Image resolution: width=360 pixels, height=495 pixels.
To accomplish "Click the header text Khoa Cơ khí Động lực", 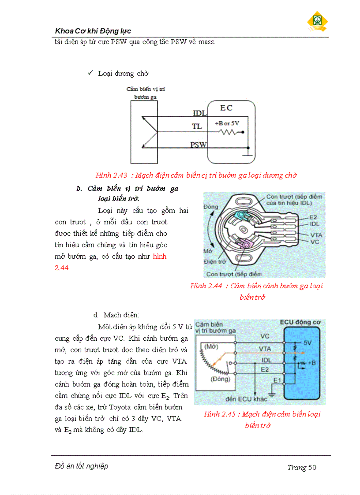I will coord(93,31).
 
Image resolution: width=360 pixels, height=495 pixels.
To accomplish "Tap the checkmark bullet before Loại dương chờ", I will coord(90,73).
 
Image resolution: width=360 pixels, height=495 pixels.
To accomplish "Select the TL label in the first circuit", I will coord(196,127).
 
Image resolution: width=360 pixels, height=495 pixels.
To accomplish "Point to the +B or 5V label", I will coord(227,123).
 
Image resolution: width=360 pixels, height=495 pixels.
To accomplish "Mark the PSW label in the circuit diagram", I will coord(198,145).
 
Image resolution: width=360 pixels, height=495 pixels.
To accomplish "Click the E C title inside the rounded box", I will coord(226,108).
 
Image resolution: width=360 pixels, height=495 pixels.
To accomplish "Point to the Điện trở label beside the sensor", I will coord(214,261).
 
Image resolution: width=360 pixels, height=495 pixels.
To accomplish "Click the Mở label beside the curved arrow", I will coord(208,252).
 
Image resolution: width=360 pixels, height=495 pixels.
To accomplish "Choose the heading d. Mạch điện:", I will coord(116,315).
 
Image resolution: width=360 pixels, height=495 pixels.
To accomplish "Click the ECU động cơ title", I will coord(300,323).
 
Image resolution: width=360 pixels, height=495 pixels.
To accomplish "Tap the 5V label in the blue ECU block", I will coord(308,342).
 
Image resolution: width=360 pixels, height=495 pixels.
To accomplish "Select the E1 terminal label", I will coord(277,380).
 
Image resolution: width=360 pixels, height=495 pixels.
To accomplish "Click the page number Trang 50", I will coord(302,467).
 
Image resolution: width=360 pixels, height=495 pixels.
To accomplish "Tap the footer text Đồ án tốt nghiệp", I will coord(81,466).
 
